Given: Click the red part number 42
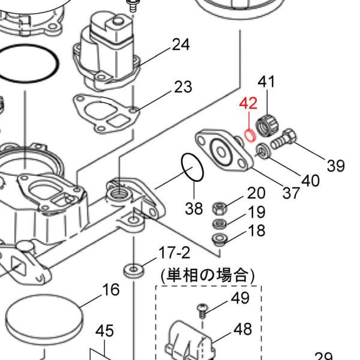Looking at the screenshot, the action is tap(248, 103).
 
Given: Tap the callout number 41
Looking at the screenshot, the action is tap(266, 82).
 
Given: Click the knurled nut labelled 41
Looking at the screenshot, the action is tap(267, 125).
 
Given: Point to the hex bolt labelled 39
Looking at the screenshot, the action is tap(284, 139).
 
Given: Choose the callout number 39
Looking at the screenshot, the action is tap(336, 166).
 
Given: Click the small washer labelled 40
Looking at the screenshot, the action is tap(263, 151).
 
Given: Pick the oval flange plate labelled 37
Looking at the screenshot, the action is tap(224, 151).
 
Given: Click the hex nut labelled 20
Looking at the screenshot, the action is tap(220, 208).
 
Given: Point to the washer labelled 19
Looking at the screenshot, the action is tap(220, 223).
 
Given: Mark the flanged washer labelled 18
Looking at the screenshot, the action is tap(220, 239).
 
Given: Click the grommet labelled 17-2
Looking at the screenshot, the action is tap(134, 271).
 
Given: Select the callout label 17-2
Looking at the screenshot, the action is tap(175, 253).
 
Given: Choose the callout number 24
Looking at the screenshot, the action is tap(181, 44).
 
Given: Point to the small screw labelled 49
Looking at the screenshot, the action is tap(202, 311).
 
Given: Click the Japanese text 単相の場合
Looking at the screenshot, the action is tap(208, 275).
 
